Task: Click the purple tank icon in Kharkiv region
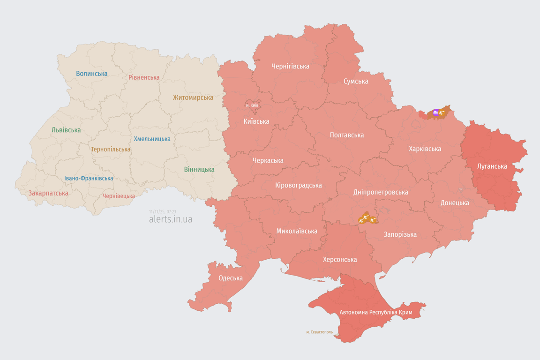tap(436, 112)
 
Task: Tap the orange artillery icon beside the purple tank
tap(442, 112)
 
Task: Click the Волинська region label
tap(91, 74)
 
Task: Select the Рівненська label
tap(144, 77)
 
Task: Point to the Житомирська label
tap(193, 97)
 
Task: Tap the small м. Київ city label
tap(252, 105)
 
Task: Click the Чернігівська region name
tap(290, 66)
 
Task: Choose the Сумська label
tap(356, 81)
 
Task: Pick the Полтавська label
tap(346, 135)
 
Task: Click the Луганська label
tap(492, 166)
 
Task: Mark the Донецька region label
tap(455, 203)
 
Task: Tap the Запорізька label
tap(400, 234)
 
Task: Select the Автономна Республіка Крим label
tap(369, 312)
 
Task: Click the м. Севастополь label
tap(319, 332)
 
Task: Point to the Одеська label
tap(231, 278)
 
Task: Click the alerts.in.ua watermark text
tap(171, 219)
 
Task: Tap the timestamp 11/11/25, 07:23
tap(163, 212)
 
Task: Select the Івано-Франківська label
tap(89, 178)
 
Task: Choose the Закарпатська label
tap(48, 193)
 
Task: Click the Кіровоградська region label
tap(298, 185)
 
